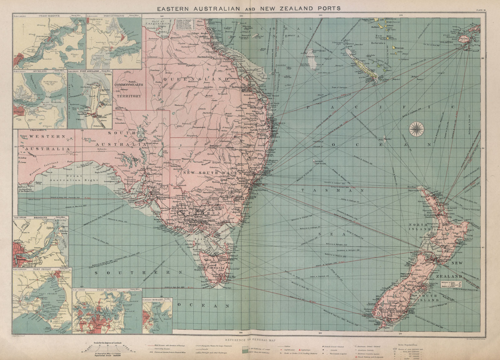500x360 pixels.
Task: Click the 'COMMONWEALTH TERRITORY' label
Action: tap(128, 90)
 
